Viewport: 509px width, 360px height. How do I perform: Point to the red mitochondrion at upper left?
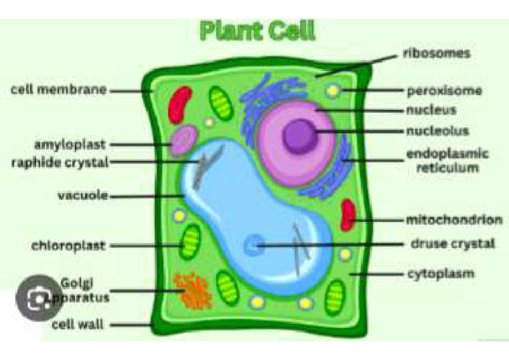(x=178, y=105)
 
